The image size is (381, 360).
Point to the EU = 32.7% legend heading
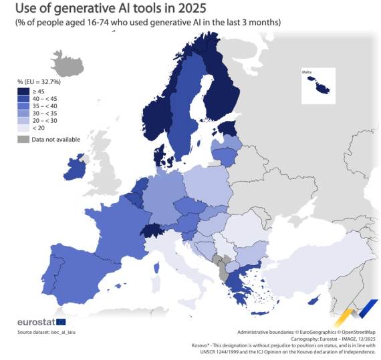coord(39,81)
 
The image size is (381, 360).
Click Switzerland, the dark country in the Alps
coord(152,232)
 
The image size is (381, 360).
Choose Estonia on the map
coord(228,129)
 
